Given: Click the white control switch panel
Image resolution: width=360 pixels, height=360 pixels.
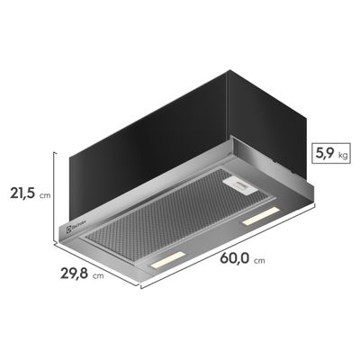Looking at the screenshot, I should (x=237, y=184).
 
